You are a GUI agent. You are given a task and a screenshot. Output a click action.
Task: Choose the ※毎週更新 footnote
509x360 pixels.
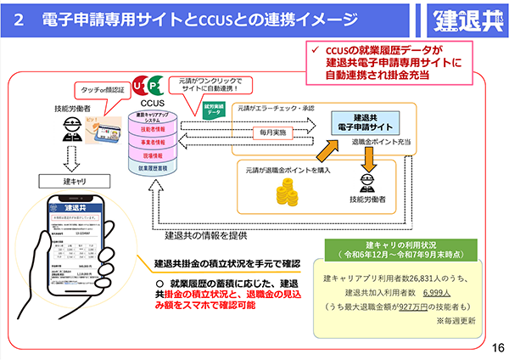(x=456, y=321)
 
